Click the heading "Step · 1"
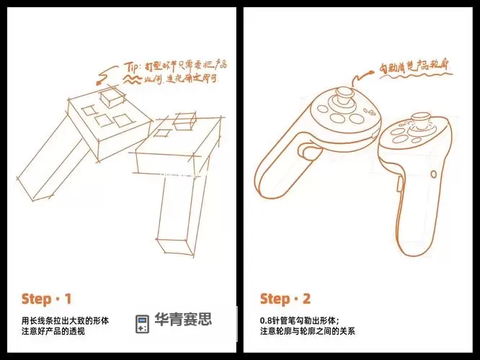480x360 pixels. point(46,299)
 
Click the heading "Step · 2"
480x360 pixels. point(285,299)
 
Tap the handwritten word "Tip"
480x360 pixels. point(132,67)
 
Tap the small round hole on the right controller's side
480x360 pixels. point(432,174)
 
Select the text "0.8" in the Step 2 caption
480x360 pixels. point(266,320)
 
